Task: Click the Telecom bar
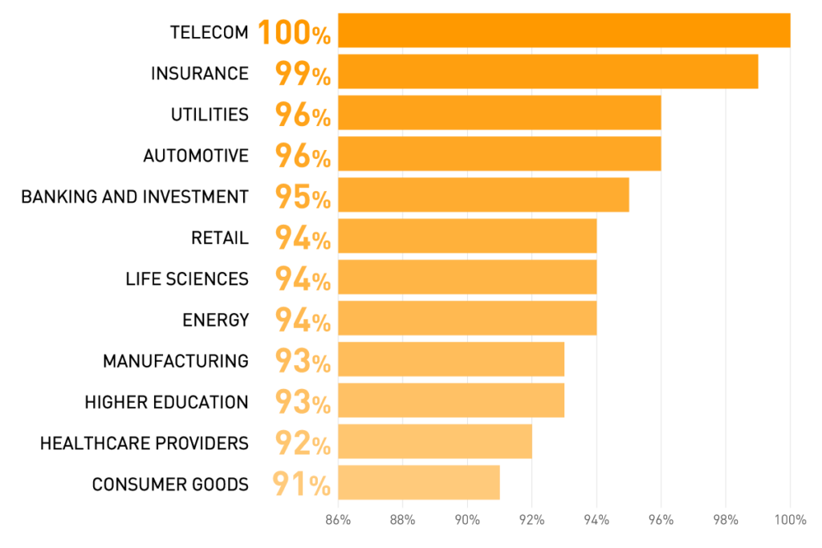pyautogui.click(x=564, y=30)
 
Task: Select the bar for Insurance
pyautogui.click(x=547, y=71)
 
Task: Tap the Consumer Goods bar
pyautogui.click(x=418, y=482)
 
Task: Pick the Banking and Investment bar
pyautogui.click(x=483, y=195)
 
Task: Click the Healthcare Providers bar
pyautogui.click(x=434, y=441)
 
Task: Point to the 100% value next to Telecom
pyautogui.click(x=294, y=33)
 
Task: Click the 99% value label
pyautogui.click(x=303, y=74)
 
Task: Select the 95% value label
pyautogui.click(x=303, y=197)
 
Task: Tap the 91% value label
pyautogui.click(x=301, y=485)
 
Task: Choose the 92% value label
pyautogui.click(x=303, y=443)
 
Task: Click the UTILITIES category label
pyautogui.click(x=210, y=115)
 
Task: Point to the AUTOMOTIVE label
pyautogui.click(x=196, y=156)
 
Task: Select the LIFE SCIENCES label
pyautogui.click(x=187, y=279)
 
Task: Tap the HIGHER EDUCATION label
pyautogui.click(x=166, y=402)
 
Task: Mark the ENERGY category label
pyautogui.click(x=215, y=320)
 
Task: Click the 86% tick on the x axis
pyautogui.click(x=338, y=520)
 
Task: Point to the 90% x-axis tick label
pyautogui.click(x=467, y=520)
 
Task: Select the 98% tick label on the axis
pyautogui.click(x=726, y=520)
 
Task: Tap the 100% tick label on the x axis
pyautogui.click(x=790, y=520)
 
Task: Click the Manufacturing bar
pyautogui.click(x=450, y=359)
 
